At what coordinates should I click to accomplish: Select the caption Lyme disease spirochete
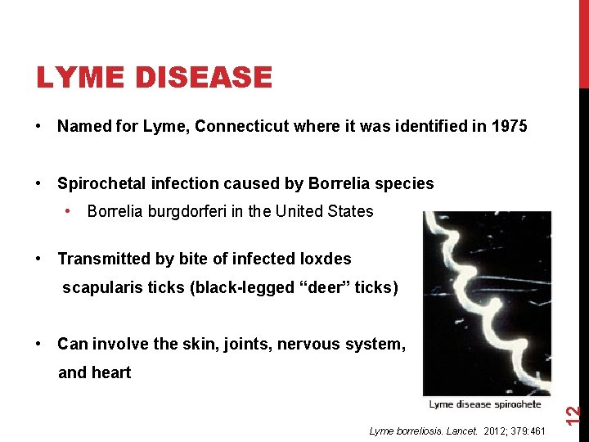tap(486, 404)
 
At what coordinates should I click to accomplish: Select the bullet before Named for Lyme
tap(39, 127)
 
